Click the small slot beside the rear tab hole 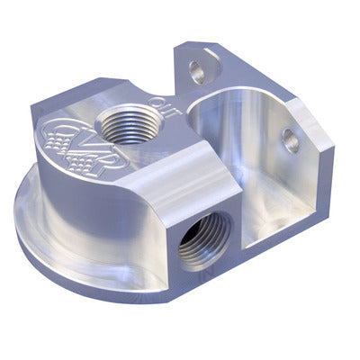(x=212, y=63)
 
